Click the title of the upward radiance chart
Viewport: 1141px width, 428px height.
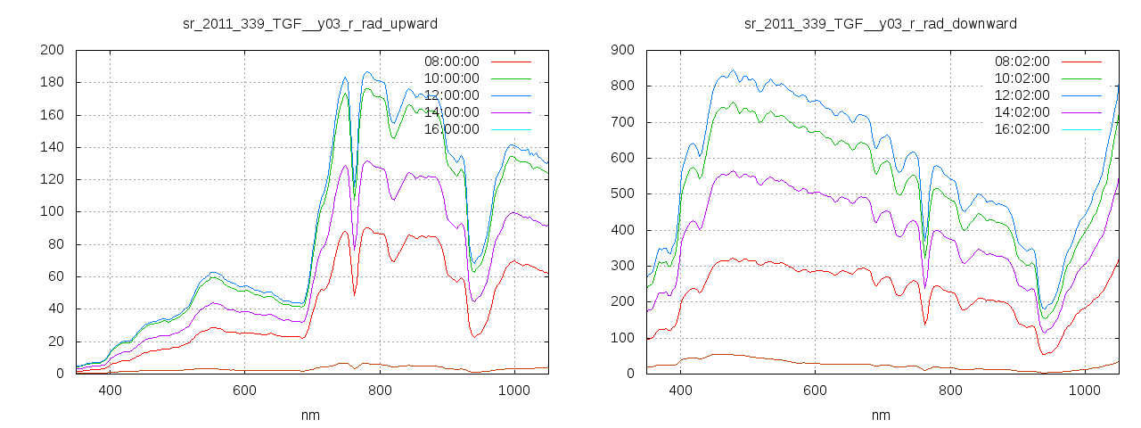(309, 23)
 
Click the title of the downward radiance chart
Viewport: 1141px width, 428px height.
(881, 23)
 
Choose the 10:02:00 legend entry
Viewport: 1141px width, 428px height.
(1022, 78)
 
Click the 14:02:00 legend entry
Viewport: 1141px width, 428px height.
(1022, 112)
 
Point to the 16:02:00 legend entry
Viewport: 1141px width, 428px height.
(1022, 129)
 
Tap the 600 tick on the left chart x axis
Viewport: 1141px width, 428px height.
(245, 391)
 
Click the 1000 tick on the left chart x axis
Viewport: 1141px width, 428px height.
(514, 391)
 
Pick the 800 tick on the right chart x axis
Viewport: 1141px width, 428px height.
(951, 391)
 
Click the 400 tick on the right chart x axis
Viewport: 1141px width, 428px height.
(681, 391)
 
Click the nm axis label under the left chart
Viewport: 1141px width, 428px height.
(309, 415)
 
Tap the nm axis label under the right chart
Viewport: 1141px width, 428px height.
(881, 415)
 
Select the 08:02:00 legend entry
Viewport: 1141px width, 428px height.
(1022, 62)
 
